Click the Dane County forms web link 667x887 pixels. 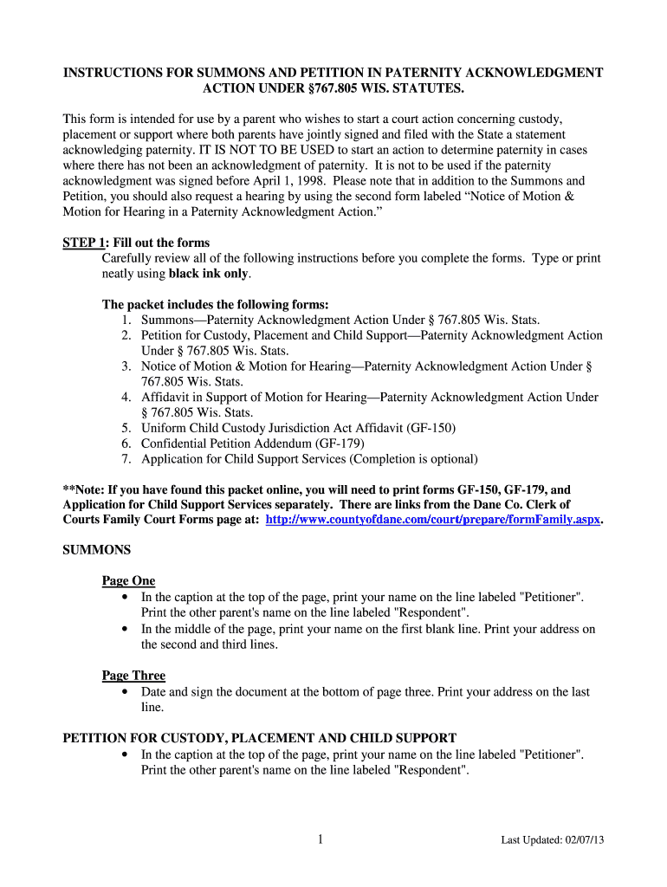click(x=432, y=520)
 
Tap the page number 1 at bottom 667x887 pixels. click(x=320, y=838)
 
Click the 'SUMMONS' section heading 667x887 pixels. click(x=97, y=550)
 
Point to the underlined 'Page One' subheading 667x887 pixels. click(x=128, y=581)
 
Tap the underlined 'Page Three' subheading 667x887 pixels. click(x=133, y=676)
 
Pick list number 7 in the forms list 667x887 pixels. click(x=126, y=459)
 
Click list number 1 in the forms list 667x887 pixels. click(x=126, y=320)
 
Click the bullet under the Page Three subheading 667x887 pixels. click(x=126, y=692)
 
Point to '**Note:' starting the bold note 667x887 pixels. click(x=84, y=489)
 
